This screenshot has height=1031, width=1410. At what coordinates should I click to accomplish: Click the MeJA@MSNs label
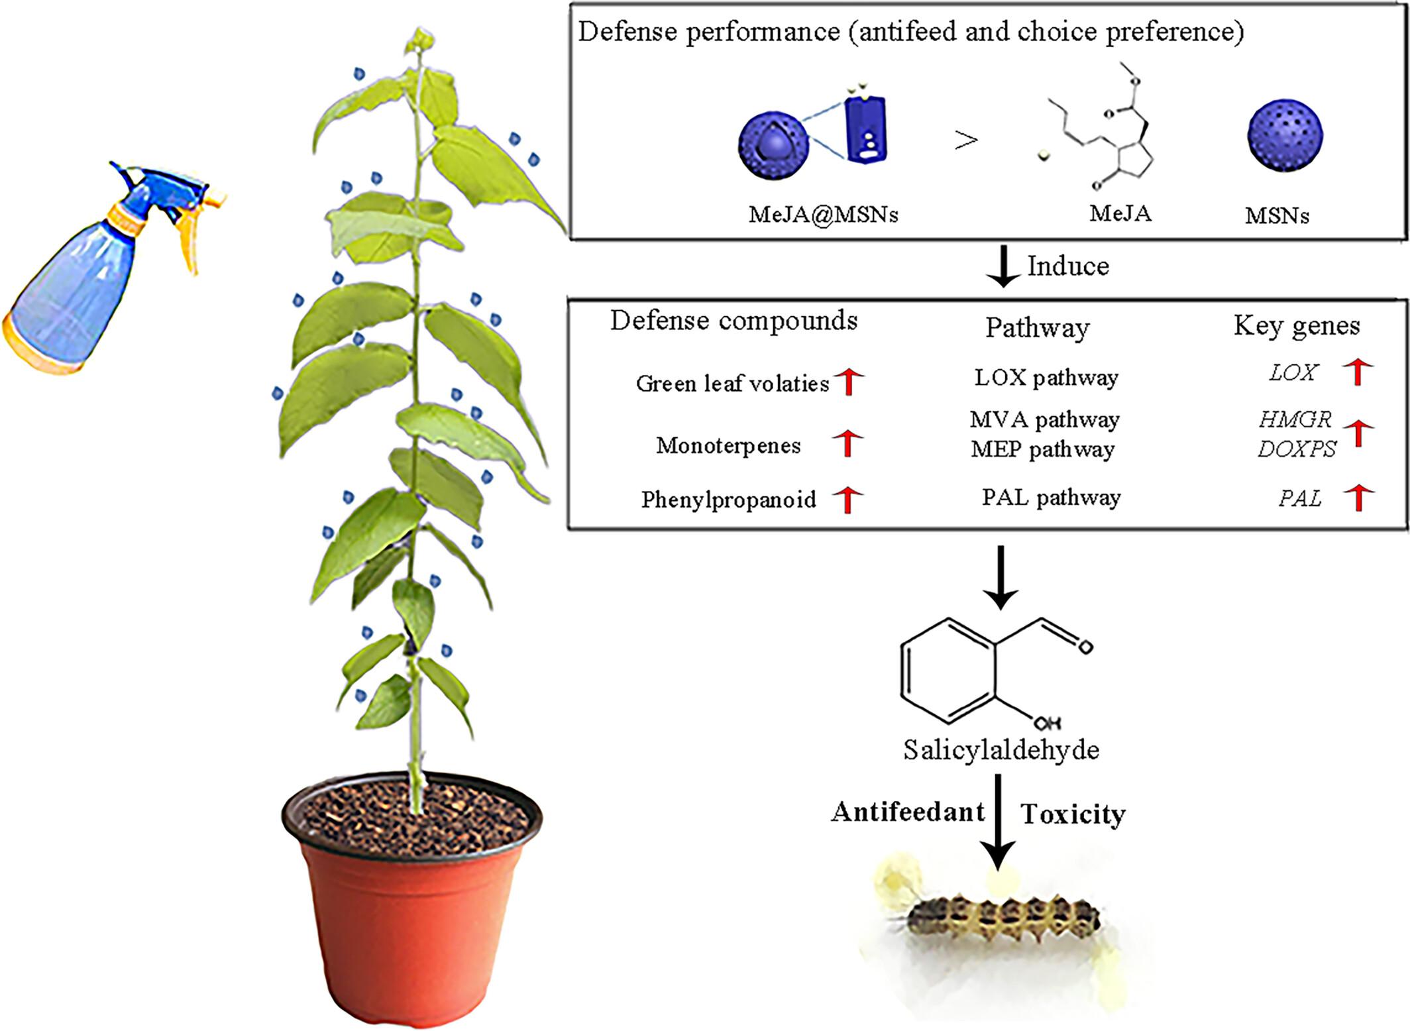[x=823, y=214]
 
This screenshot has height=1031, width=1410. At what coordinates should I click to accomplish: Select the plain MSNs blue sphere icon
[x=1285, y=136]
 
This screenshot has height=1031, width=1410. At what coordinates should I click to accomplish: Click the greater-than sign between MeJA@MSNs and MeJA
[x=966, y=140]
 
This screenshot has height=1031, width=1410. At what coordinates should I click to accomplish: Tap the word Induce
[x=1068, y=266]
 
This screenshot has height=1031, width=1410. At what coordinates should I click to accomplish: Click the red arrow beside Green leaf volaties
[x=849, y=382]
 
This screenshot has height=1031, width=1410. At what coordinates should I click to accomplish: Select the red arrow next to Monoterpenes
[x=847, y=443]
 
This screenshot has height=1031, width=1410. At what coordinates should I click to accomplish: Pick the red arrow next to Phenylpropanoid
[x=847, y=499]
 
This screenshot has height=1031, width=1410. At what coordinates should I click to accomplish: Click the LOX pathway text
[x=1046, y=378]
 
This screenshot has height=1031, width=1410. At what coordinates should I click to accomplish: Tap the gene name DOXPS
[x=1297, y=449]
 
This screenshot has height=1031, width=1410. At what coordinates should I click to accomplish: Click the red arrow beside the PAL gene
[x=1359, y=498]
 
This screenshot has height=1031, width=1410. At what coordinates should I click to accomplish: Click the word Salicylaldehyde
[x=1001, y=749]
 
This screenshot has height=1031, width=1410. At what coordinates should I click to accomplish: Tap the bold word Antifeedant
[x=908, y=812]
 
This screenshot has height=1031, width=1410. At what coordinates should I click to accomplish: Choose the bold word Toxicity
[x=1073, y=814]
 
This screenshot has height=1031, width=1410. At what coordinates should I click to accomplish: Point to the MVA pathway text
[x=1045, y=419]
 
